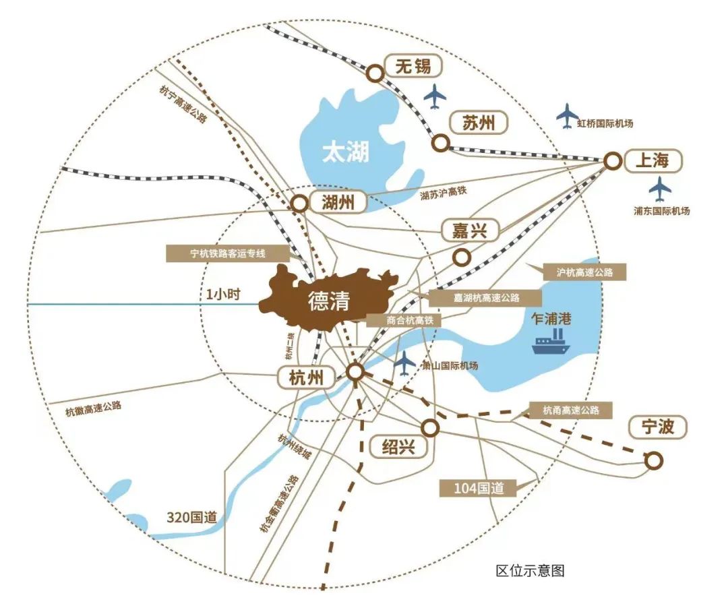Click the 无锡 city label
(x=413, y=67)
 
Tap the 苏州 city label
(x=479, y=123)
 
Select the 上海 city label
(x=653, y=160)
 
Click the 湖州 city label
(x=338, y=202)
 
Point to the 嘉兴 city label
(x=469, y=231)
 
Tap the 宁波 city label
(x=657, y=427)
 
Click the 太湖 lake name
(x=345, y=152)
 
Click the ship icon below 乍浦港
(x=551, y=344)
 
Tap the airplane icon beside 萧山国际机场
(x=404, y=363)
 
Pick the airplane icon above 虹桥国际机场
(x=568, y=115)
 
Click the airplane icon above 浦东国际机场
(x=661, y=189)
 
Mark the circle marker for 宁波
(x=653, y=461)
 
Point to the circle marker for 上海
(x=612, y=160)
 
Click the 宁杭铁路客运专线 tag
(x=227, y=253)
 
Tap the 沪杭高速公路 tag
(x=585, y=272)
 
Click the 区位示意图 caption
(x=530, y=571)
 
